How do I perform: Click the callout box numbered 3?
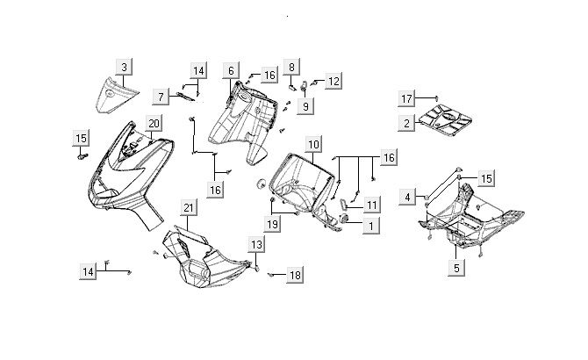pyautogui.click(x=125, y=67)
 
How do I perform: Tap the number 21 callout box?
pyautogui.click(x=188, y=207)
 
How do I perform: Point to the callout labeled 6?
pyautogui.click(x=231, y=69)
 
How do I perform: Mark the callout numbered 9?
pyautogui.click(x=306, y=105)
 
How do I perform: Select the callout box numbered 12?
pyautogui.click(x=333, y=81)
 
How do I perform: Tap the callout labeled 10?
pyautogui.click(x=313, y=142)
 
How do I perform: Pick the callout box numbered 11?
pyautogui.click(x=372, y=205)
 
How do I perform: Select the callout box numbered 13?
pyautogui.click(x=255, y=244)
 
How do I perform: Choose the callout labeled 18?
pyautogui.click(x=294, y=275)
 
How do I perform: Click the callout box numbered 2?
pyautogui.click(x=407, y=124)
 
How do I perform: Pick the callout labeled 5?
pyautogui.click(x=455, y=268)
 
